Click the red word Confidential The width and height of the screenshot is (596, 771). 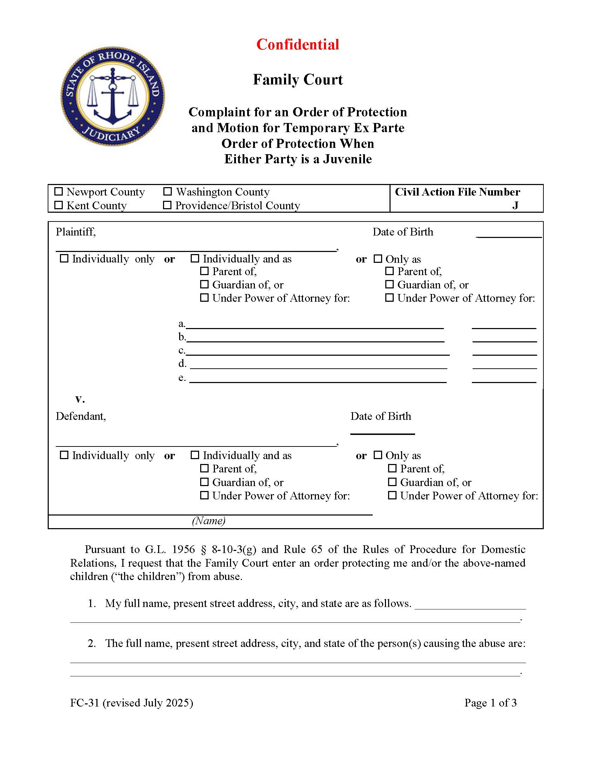pos(298,45)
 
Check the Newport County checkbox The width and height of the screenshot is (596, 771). pos(59,192)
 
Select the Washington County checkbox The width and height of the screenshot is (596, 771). pos(168,192)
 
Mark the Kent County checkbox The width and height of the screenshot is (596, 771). pos(59,205)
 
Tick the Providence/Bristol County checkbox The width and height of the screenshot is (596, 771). pos(167,205)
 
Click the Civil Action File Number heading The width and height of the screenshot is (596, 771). pos(457,192)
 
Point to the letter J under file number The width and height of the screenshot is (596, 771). pos(515,205)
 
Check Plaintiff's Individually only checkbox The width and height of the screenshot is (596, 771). pos(64,258)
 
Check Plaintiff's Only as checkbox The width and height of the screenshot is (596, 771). pos(378,259)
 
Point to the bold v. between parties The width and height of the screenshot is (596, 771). pos(80,399)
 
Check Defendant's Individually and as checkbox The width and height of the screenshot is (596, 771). pos(195,455)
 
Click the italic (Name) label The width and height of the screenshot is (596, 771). pos(209,521)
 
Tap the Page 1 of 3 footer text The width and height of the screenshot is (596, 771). pos(490,703)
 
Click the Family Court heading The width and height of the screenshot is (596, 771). pos(298,80)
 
